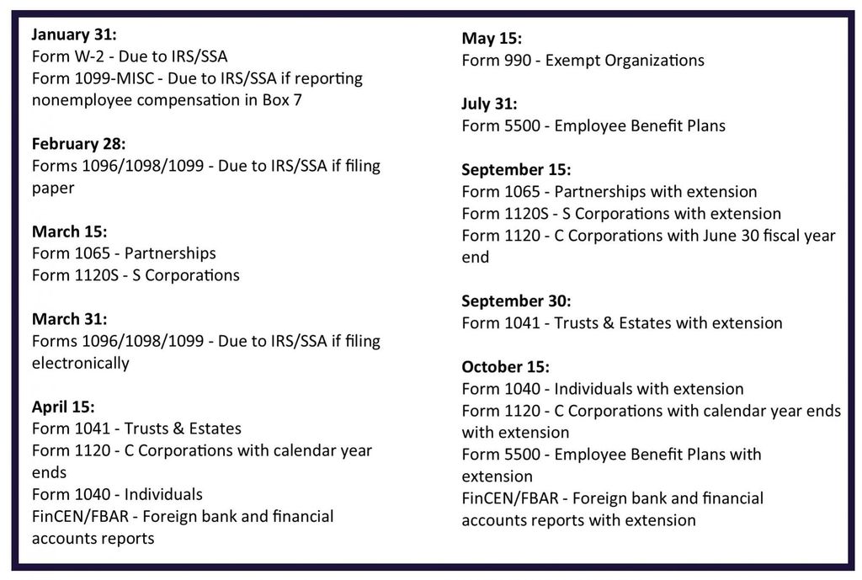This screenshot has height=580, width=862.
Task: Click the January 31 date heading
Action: (x=74, y=35)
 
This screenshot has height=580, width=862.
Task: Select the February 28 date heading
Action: (x=78, y=143)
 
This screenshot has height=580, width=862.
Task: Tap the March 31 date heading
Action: (x=70, y=319)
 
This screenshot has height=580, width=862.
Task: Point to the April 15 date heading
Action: (x=63, y=407)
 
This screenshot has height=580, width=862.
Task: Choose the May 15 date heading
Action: (x=492, y=39)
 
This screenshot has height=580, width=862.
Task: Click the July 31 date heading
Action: (x=489, y=104)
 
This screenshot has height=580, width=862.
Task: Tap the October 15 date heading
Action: (x=505, y=367)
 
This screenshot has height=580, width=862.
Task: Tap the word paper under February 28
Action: (x=53, y=188)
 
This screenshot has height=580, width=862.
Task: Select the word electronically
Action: (x=81, y=363)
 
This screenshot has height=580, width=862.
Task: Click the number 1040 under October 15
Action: (x=523, y=389)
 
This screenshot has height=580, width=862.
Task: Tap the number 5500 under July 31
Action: (x=523, y=126)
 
